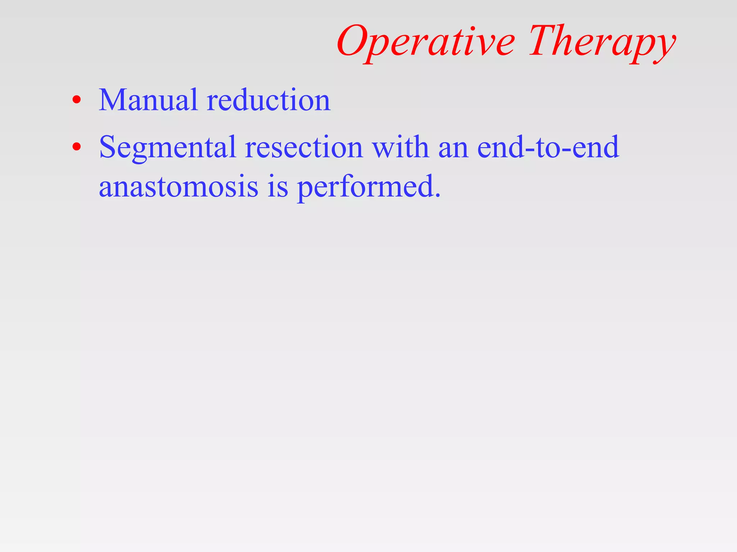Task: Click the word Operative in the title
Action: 426,42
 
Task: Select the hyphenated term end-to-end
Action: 548,147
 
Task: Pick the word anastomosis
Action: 178,187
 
